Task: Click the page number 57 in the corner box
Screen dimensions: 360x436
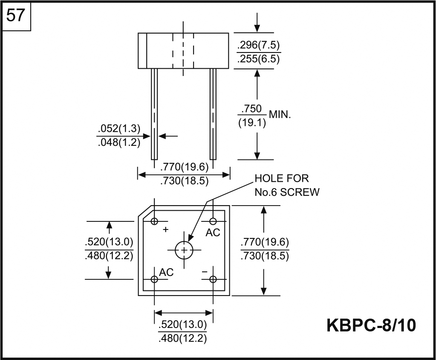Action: point(16,17)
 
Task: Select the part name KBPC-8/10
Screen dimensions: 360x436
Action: point(371,325)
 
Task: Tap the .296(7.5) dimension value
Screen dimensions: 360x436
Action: point(258,45)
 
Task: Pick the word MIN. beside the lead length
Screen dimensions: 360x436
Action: point(280,115)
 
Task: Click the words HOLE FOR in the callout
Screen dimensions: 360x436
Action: point(281,178)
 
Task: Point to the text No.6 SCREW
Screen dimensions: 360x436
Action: point(286,192)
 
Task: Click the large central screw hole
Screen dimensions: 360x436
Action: point(184,250)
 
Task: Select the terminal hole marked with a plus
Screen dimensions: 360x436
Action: point(154,221)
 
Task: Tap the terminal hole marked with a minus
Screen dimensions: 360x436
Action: point(213,279)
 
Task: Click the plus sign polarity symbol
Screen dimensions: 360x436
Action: point(166,229)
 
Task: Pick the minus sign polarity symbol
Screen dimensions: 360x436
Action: point(205,271)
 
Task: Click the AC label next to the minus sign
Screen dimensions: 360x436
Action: point(167,272)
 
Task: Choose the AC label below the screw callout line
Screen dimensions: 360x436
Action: point(213,232)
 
